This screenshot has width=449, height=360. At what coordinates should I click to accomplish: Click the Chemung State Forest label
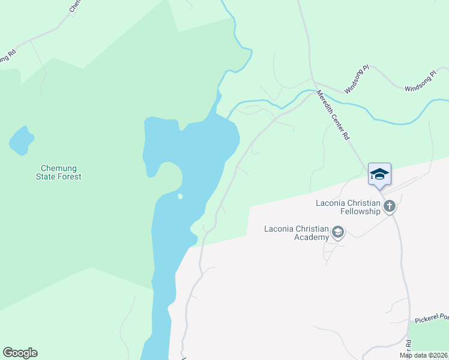[61, 172]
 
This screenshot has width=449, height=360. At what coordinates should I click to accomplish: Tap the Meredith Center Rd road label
[333, 115]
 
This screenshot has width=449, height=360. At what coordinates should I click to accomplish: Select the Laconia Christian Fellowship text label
[348, 207]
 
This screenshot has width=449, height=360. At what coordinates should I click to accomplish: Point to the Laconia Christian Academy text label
[297, 233]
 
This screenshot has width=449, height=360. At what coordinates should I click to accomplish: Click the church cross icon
[390, 207]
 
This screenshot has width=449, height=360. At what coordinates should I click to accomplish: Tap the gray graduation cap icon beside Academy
[338, 232]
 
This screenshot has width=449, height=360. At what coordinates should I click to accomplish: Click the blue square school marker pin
[379, 173]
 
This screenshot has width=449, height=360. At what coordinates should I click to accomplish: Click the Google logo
[20, 353]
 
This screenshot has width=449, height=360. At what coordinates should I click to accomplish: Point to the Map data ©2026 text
[424, 355]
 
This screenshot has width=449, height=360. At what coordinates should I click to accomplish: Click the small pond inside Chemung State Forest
[21, 142]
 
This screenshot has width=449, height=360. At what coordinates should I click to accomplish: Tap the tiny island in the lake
[179, 196]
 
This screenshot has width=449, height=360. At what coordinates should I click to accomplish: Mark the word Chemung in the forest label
[58, 168]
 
